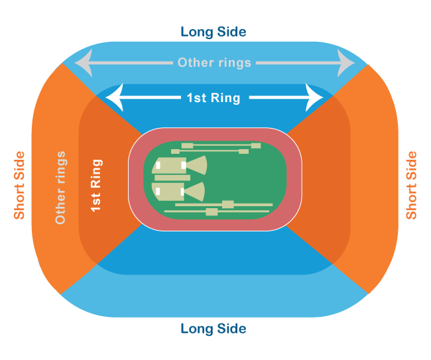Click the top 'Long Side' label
[214, 32]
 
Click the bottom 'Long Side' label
[214, 329]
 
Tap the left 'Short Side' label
[19, 185]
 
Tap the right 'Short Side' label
[412, 185]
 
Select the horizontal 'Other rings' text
[214, 63]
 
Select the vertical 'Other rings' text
[60, 187]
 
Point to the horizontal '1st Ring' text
[214, 98]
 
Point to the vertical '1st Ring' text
[97, 185]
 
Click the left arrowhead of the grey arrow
[81, 64]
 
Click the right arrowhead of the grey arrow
[347, 64]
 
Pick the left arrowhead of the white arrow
[114, 97]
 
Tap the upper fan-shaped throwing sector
[197, 164]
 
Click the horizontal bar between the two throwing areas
[172, 178]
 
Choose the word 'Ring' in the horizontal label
[227, 98]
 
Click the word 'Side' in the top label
[233, 32]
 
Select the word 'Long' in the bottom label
[197, 329]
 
